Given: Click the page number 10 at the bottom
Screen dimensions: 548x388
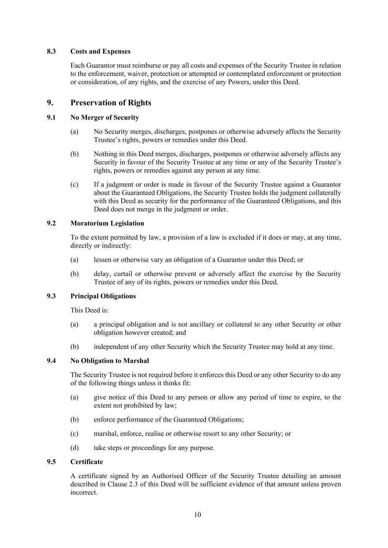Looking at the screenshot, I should point(197,515).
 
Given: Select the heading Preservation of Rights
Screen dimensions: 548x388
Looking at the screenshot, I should point(111,103).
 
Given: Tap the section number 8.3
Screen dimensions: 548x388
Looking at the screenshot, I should point(51,51).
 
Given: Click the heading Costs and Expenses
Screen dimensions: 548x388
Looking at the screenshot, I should point(100,51).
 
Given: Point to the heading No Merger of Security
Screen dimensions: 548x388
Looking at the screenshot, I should point(104,118).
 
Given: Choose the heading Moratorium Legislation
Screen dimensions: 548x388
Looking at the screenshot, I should point(107,223).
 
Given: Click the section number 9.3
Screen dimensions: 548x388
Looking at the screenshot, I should point(51,296).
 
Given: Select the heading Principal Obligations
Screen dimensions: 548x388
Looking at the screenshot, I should point(103,296).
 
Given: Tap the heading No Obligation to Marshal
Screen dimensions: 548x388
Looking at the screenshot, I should point(110,361).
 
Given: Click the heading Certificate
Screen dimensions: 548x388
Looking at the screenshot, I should point(87,462).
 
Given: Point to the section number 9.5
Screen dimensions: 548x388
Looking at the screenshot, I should point(51,462).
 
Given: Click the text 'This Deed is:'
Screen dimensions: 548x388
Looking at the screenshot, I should point(90,310).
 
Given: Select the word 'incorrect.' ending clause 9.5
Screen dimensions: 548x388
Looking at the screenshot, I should point(84,492).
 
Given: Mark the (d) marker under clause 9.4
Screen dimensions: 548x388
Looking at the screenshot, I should point(74,448).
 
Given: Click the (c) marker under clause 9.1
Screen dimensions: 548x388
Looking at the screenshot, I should point(74,185).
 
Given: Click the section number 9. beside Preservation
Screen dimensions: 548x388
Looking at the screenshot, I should point(50,103).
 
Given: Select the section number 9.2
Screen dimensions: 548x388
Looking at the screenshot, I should point(51,223).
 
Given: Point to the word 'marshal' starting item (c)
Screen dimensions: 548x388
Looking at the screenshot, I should point(105,434).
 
